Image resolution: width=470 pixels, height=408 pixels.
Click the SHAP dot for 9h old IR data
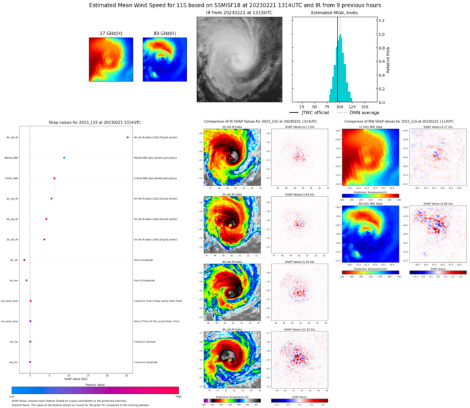click(127, 138)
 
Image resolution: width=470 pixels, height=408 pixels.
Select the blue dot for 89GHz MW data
click(64, 158)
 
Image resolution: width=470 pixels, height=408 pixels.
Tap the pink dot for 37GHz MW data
click(54, 178)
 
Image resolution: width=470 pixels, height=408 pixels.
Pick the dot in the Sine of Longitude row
click(26, 280)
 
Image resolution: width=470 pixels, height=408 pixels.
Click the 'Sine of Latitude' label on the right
click(145, 259)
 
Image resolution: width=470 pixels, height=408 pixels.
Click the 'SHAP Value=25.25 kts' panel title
click(297, 329)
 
